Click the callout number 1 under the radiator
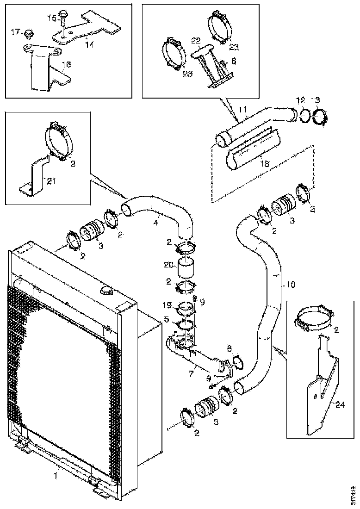(x=56, y=474)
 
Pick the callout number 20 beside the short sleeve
(x=168, y=265)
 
